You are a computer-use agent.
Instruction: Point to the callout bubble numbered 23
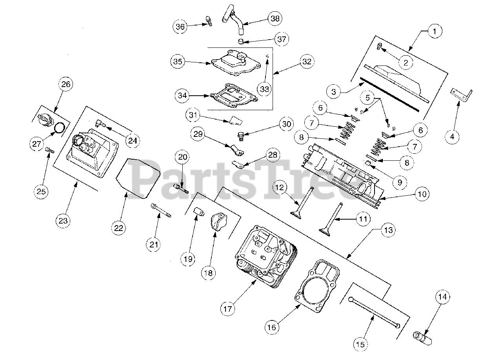click(x=63, y=220)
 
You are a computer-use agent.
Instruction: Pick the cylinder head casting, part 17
click(x=267, y=255)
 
